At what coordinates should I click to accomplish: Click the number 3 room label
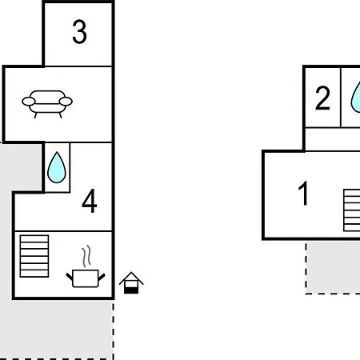pos(79,32)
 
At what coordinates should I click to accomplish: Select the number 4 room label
pos(90,201)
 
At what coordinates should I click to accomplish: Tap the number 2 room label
pos(322,98)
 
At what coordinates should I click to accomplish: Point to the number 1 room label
pos(303,193)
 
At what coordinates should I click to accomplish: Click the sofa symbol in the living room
pos(47,104)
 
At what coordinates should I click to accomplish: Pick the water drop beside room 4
pos(57,167)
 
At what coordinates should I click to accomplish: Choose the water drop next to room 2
pos(355,98)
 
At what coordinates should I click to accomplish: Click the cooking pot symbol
pos(86,278)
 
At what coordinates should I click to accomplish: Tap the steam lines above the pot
pos(86,256)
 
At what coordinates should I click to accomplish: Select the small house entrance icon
pos(131,283)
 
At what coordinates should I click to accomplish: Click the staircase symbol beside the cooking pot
pos(34,256)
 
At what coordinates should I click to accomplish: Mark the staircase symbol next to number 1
pos(352,210)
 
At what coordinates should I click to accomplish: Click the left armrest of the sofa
pos(29,102)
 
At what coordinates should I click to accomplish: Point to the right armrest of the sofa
pos(66,102)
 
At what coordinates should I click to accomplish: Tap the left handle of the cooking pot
pos(70,276)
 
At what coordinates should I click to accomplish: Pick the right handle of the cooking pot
pos(102,277)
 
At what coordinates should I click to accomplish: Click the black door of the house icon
pos(131,290)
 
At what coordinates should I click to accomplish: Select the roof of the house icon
pos(131,278)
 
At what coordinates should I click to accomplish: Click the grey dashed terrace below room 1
pos(333,268)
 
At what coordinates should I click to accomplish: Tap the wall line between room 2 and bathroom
pos(341,98)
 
